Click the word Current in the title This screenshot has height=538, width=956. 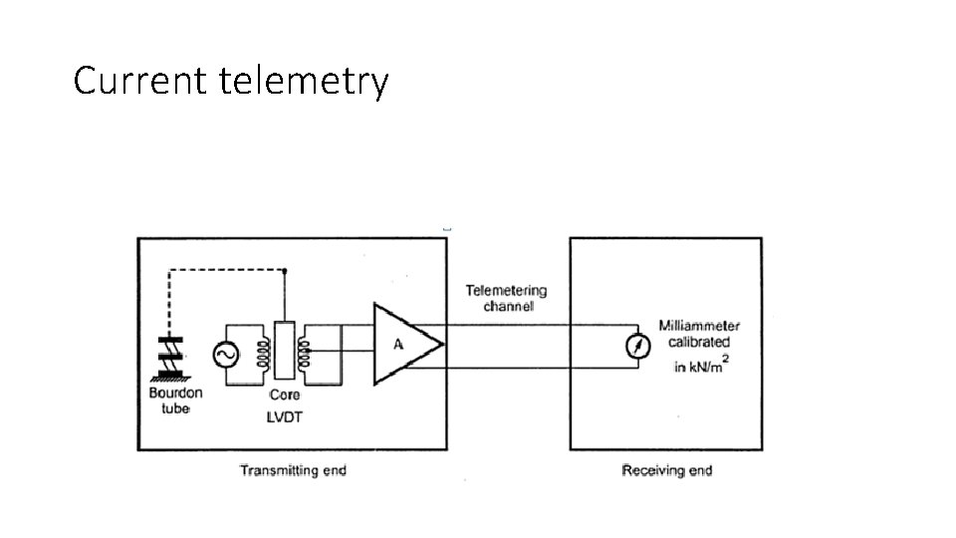pos(140,80)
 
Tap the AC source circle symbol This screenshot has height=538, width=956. pos(226,355)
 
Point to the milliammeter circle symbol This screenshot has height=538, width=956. pos(638,346)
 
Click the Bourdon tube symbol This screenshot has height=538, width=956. pos(170,358)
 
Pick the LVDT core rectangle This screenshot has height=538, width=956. pos(285,350)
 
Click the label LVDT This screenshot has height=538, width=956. pos(284,417)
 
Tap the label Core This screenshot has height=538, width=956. pos(284,396)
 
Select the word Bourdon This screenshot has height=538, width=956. pos(175,393)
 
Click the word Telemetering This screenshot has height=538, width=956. pos(506,291)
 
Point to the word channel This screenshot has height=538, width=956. pos(509,306)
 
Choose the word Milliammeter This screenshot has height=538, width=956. pos(699,326)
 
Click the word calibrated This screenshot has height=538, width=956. pos(699,342)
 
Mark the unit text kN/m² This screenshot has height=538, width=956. pos(708,366)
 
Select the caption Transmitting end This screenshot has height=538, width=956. pos(293,470)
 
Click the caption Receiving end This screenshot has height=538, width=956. pos(667,470)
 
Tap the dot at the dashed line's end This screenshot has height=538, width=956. pos(284,271)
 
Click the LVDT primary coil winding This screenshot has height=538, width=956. pos(263,354)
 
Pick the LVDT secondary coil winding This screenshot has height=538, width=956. pos(303,354)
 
